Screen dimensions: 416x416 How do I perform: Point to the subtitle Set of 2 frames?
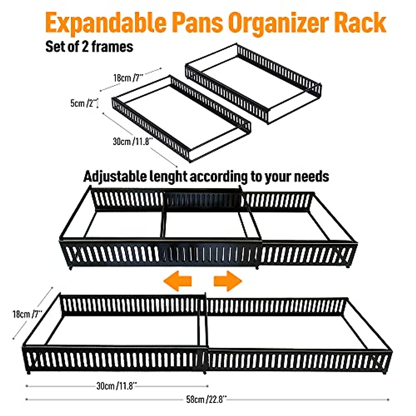[x=89, y=46]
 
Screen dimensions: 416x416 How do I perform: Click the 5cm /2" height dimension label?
[x=83, y=103]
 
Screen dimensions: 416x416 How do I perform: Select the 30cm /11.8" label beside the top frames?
[x=133, y=141]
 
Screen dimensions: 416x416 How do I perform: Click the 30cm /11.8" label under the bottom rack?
[x=116, y=385]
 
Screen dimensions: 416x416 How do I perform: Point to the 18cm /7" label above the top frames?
[x=128, y=77]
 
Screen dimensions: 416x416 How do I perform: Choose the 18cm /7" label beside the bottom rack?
[x=27, y=314]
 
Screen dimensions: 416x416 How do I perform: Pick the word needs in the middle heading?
[x=311, y=176]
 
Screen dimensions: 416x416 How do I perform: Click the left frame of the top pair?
[x=180, y=118]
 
